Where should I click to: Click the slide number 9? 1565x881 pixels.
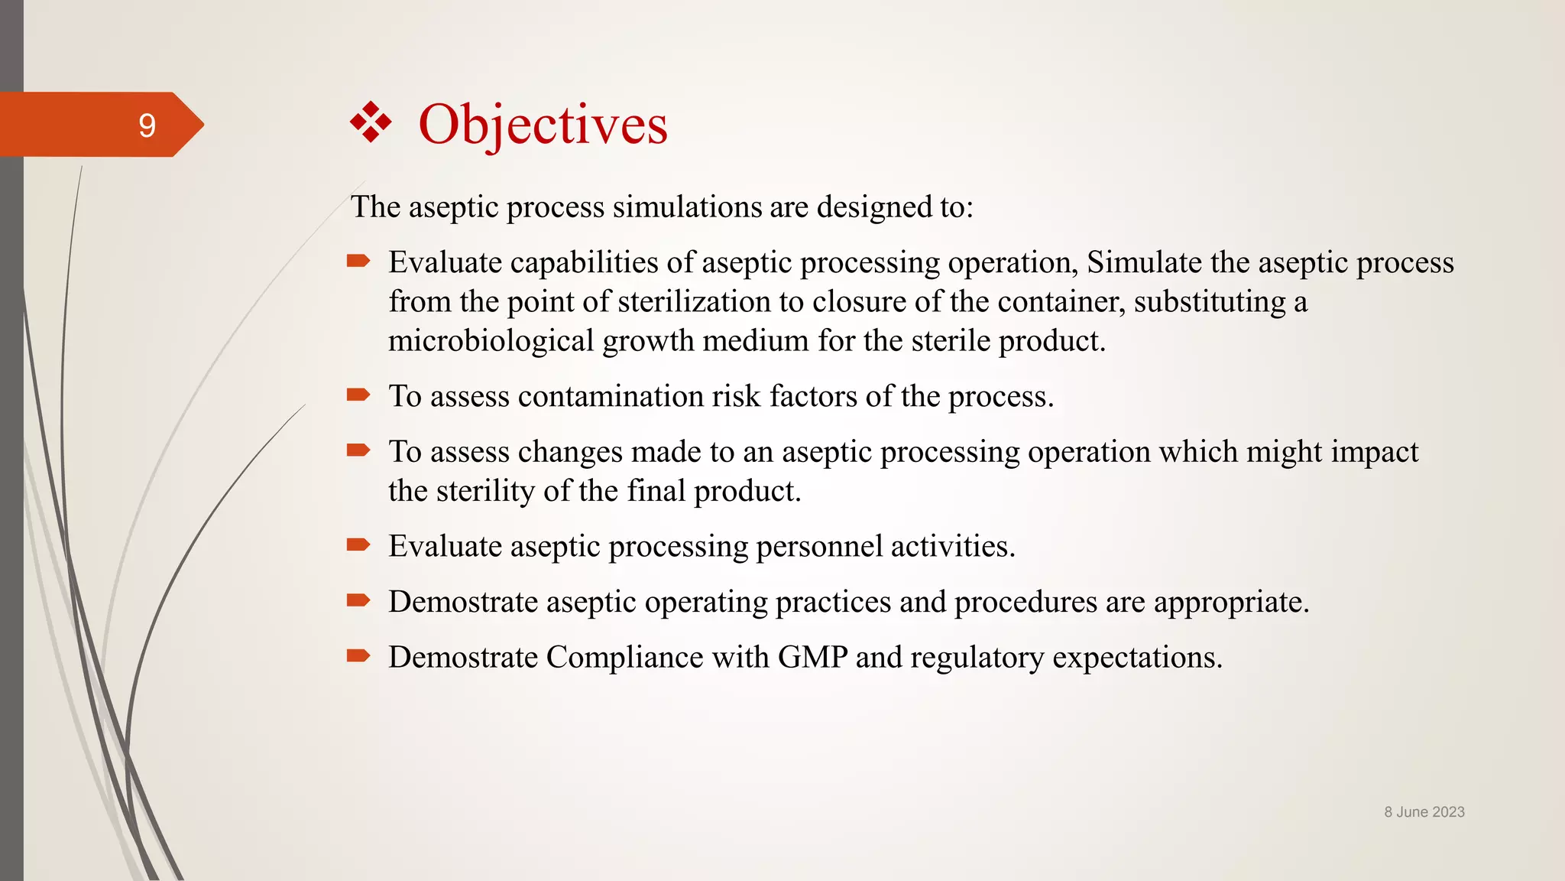pos(147,125)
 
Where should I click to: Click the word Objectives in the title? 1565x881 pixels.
pos(543,124)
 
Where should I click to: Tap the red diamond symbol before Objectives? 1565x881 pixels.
pos(371,122)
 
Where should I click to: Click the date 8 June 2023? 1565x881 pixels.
pos(1424,812)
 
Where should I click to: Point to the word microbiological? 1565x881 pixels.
pos(491,341)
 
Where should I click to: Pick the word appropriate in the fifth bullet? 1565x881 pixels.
pos(1230,603)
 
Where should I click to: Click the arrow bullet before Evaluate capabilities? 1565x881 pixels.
pos(358,262)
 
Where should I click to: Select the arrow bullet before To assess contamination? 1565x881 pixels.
pos(358,395)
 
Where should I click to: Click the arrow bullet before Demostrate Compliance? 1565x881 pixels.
pos(358,656)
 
